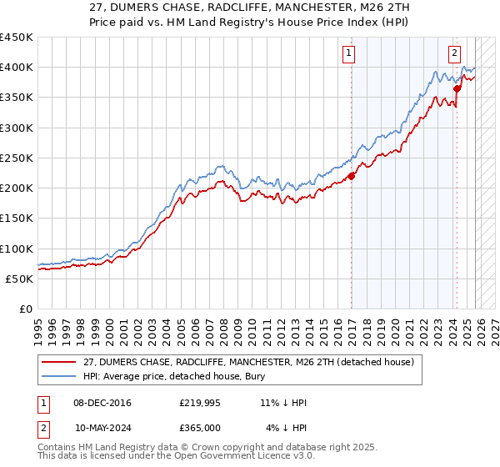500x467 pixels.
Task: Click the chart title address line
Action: click(x=249, y=9)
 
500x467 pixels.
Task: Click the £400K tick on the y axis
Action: click(x=17, y=68)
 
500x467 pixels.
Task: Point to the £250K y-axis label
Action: click(x=17, y=158)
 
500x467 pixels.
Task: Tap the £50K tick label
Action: click(x=20, y=279)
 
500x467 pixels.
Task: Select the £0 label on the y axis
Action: click(x=26, y=309)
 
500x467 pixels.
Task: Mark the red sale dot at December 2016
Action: click(x=351, y=176)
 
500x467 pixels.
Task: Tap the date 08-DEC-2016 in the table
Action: click(x=102, y=403)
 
